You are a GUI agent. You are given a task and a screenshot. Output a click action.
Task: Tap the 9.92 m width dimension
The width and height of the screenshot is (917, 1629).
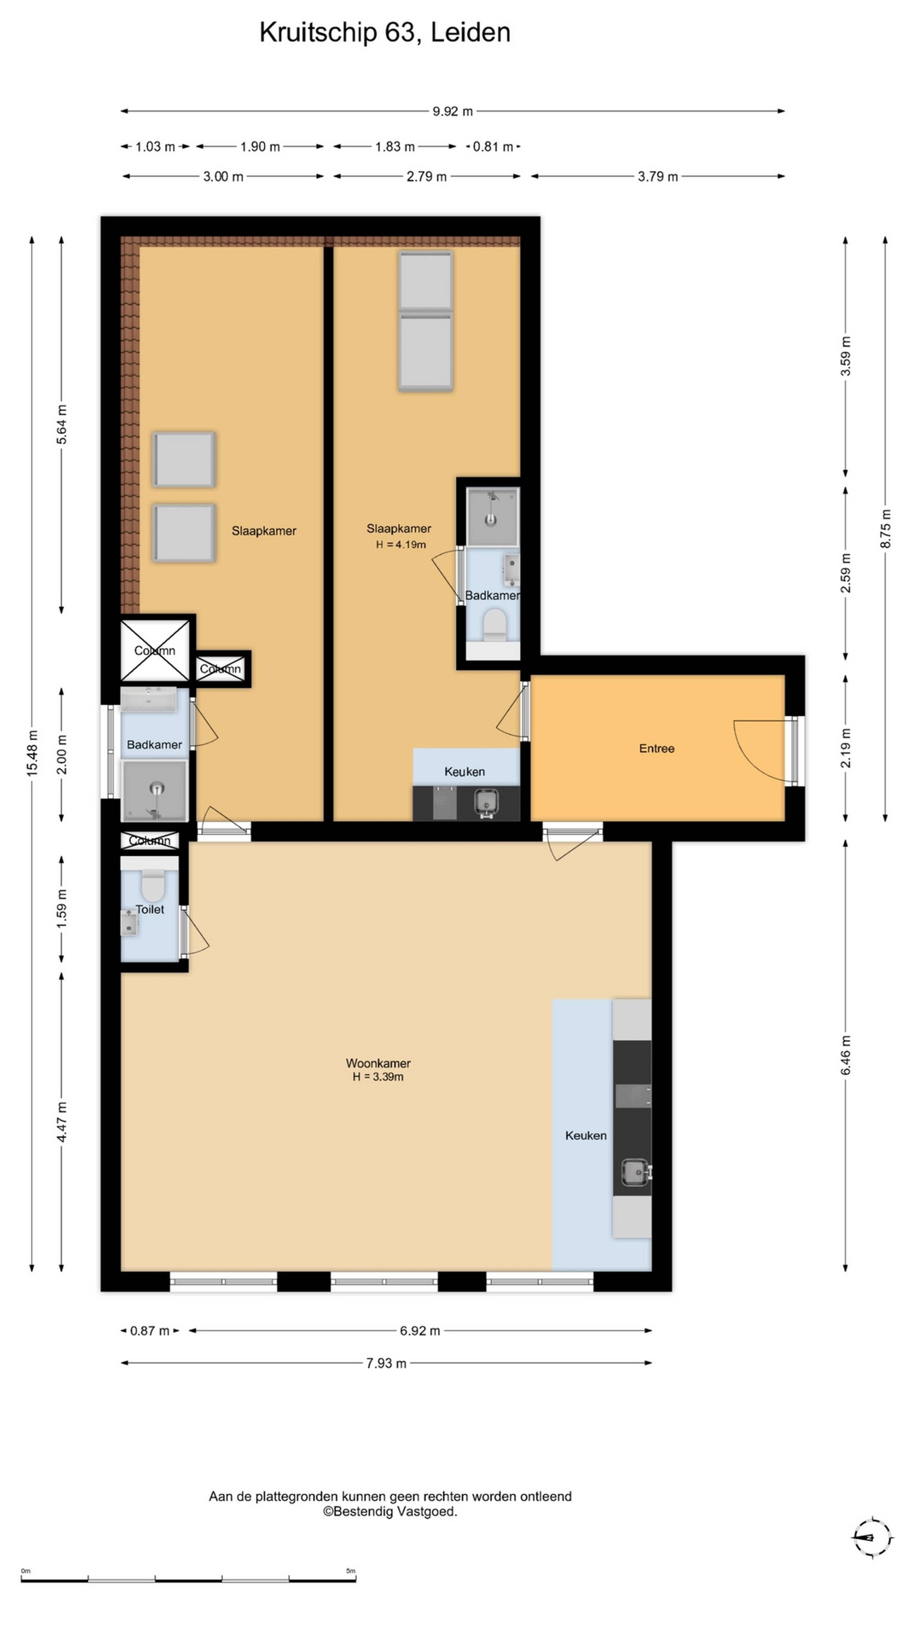click(x=453, y=111)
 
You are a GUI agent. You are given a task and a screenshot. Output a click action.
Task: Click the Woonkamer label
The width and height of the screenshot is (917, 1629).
click(x=378, y=1063)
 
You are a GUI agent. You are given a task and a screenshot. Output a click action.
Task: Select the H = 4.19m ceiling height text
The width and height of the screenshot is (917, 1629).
click(x=401, y=545)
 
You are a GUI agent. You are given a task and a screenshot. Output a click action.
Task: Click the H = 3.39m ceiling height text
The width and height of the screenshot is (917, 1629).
click(x=378, y=1076)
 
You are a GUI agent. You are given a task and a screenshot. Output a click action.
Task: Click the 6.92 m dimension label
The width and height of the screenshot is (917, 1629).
click(x=420, y=1330)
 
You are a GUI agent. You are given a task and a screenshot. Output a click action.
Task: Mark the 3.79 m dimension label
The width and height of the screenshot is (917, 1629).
click(x=657, y=176)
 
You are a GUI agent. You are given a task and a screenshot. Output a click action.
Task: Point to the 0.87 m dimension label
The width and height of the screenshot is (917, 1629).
click(x=150, y=1330)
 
